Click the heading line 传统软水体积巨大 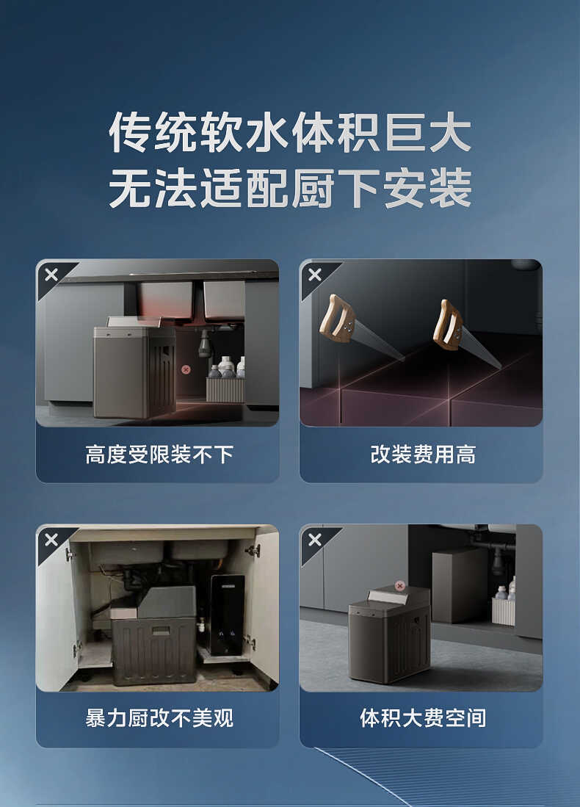pos(289,133)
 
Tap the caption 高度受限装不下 pos(159,455)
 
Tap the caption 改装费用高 pos(422,455)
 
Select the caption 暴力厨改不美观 pos(159,718)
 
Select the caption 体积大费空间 pos(422,718)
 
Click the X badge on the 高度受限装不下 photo pos(51,275)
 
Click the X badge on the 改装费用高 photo pos(314,275)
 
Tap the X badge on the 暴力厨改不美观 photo pos(51,540)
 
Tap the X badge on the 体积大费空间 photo pos(314,540)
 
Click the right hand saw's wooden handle pos(447,324)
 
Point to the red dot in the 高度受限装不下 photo pos(186,370)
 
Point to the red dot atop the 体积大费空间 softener pos(399,585)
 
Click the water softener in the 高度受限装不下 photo pos(134,371)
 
